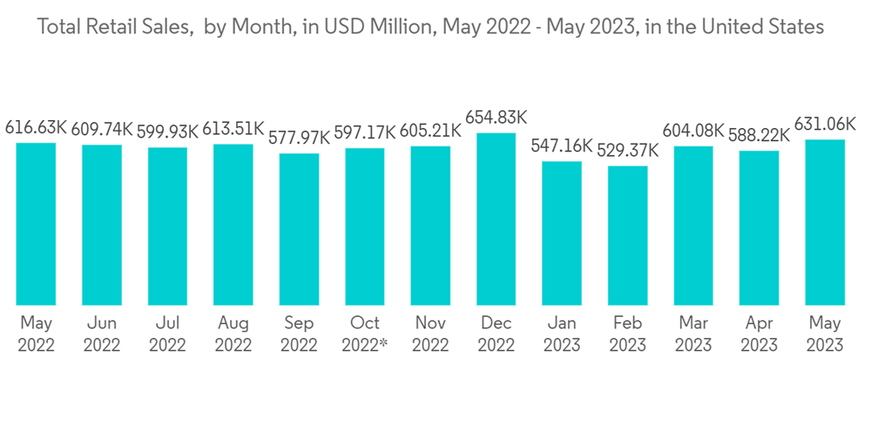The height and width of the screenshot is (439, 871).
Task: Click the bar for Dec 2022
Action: click(x=496, y=219)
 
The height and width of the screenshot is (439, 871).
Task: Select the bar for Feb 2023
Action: click(x=627, y=235)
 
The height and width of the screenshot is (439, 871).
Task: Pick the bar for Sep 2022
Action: click(x=299, y=229)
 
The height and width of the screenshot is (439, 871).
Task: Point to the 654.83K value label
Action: click(x=496, y=118)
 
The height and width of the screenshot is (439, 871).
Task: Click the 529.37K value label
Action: click(x=628, y=151)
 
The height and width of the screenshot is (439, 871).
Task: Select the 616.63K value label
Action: click(x=36, y=128)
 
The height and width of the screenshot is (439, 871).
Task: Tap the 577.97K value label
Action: click(x=299, y=138)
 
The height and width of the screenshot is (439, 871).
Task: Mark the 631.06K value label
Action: click(x=825, y=125)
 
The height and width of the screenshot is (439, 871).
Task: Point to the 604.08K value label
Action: click(x=693, y=131)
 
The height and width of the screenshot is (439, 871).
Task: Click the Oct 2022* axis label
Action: click(x=365, y=334)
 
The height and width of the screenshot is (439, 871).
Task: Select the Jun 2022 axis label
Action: click(x=102, y=334)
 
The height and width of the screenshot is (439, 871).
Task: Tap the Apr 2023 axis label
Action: click(x=760, y=334)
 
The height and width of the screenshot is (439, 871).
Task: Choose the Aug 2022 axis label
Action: click(x=233, y=334)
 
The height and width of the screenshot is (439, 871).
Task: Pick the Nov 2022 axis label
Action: click(x=430, y=334)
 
